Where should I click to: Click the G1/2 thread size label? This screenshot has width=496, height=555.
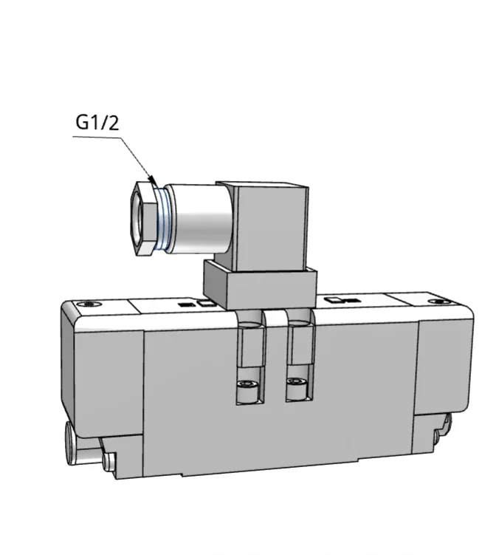click(x=97, y=123)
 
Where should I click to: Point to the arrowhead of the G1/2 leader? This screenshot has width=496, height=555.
click(x=152, y=180)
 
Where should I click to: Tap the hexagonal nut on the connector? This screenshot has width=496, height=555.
click(x=143, y=218)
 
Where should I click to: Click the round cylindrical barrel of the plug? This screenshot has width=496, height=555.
click(x=200, y=219)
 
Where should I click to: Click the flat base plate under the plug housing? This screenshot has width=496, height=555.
click(x=261, y=285)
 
